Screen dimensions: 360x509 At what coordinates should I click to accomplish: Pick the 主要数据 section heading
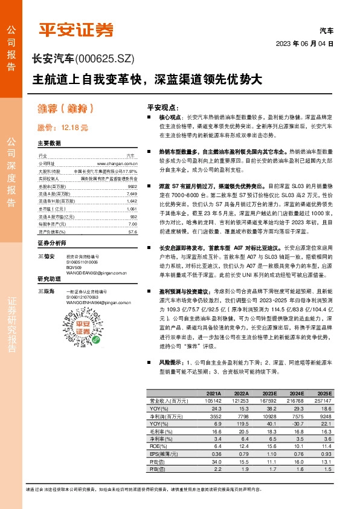[50, 144]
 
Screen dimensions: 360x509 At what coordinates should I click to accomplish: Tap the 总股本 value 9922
[132, 187]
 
